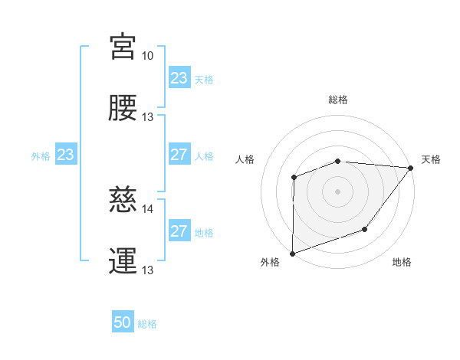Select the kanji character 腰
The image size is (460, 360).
coord(123,108)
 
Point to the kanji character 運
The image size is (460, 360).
coord(123,260)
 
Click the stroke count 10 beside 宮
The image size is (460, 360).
coord(147,56)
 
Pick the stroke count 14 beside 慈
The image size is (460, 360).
coord(147,208)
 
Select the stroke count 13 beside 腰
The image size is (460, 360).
coord(147,117)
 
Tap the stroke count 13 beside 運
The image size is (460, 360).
coord(147,270)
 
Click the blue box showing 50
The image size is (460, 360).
coord(123,322)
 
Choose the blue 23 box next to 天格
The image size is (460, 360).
coord(179,78)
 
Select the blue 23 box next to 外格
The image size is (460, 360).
coord(65,155)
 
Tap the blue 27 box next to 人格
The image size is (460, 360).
coord(179,155)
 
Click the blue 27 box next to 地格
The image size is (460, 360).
coord(179,231)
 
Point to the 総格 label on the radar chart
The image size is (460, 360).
coord(337,100)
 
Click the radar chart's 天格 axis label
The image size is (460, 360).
coord(431,159)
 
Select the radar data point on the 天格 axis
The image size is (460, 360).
coord(410,168)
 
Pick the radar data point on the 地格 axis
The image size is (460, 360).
coord(366,229)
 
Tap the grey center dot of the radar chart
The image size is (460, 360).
coord(337,191)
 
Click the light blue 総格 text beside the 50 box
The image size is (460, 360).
coord(147,324)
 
